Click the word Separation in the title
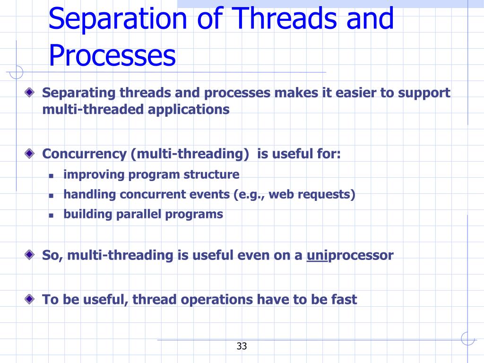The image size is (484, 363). pyautogui.click(x=118, y=18)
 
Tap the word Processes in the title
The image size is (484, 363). pyautogui.click(x=112, y=55)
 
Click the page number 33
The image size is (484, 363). pyautogui.click(x=242, y=346)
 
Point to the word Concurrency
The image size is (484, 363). pyautogui.click(x=84, y=154)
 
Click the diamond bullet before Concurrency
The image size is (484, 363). pyautogui.click(x=30, y=153)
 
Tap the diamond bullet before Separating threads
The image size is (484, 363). pyautogui.click(x=30, y=92)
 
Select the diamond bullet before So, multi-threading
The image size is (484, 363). pyautogui.click(x=30, y=255)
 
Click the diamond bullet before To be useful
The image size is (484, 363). pyautogui.click(x=30, y=299)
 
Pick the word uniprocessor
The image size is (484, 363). pyautogui.click(x=350, y=256)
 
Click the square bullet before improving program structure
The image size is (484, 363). pyautogui.click(x=51, y=176)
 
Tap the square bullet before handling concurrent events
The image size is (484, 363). pyautogui.click(x=51, y=196)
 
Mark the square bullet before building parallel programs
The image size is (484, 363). pyautogui.click(x=51, y=216)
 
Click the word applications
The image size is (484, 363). pyautogui.click(x=189, y=110)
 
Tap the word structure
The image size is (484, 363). pyautogui.click(x=211, y=174)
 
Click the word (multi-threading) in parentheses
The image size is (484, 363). pyautogui.click(x=190, y=154)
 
